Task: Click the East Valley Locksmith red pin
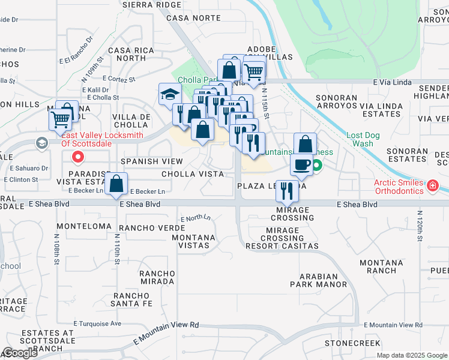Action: [77, 158]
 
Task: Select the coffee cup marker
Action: [302, 164]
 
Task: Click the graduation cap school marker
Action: [170, 94]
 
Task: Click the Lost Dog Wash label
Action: [360, 139]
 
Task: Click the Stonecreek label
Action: [353, 343]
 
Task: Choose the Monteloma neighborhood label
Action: [84, 226]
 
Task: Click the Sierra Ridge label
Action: [151, 4]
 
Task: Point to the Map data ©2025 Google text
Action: [412, 355]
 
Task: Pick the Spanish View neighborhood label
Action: [151, 161]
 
